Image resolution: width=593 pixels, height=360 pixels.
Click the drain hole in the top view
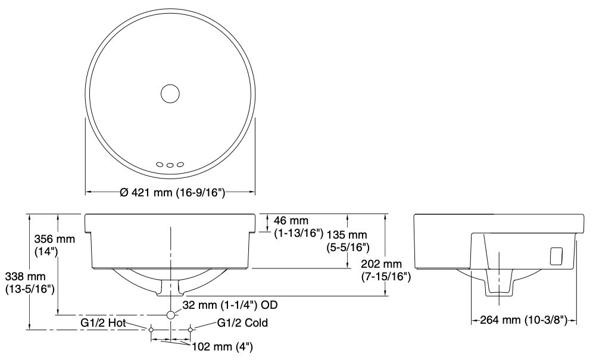click(x=170, y=93)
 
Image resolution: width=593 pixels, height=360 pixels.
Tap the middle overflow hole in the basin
click(x=170, y=165)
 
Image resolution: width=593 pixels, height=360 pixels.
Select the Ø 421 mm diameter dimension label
click(x=173, y=193)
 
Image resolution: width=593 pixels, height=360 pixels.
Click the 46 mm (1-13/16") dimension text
click(x=299, y=226)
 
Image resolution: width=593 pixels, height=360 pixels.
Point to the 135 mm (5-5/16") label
click(x=348, y=241)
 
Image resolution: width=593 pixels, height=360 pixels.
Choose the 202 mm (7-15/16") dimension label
click(x=386, y=270)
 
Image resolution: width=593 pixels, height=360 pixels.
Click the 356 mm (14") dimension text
click(x=54, y=245)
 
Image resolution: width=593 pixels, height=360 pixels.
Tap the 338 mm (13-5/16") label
click(x=30, y=283)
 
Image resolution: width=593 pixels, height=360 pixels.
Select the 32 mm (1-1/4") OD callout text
click(x=230, y=305)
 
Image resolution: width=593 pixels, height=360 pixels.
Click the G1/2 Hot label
click(x=103, y=323)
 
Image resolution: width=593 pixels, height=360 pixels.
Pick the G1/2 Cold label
click(x=242, y=323)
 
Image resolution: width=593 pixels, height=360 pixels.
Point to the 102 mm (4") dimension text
click(x=223, y=347)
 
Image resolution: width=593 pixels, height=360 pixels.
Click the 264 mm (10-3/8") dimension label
click(x=524, y=320)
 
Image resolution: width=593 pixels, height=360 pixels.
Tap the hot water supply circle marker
click(x=151, y=330)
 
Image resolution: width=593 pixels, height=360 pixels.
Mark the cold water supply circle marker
click(x=191, y=330)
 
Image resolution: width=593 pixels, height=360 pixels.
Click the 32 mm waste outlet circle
click(x=170, y=315)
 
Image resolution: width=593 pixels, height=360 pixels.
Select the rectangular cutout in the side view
click(x=555, y=256)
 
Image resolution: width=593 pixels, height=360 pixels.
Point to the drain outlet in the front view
click(x=171, y=288)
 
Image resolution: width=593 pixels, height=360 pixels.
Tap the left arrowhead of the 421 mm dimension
click(x=88, y=192)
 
